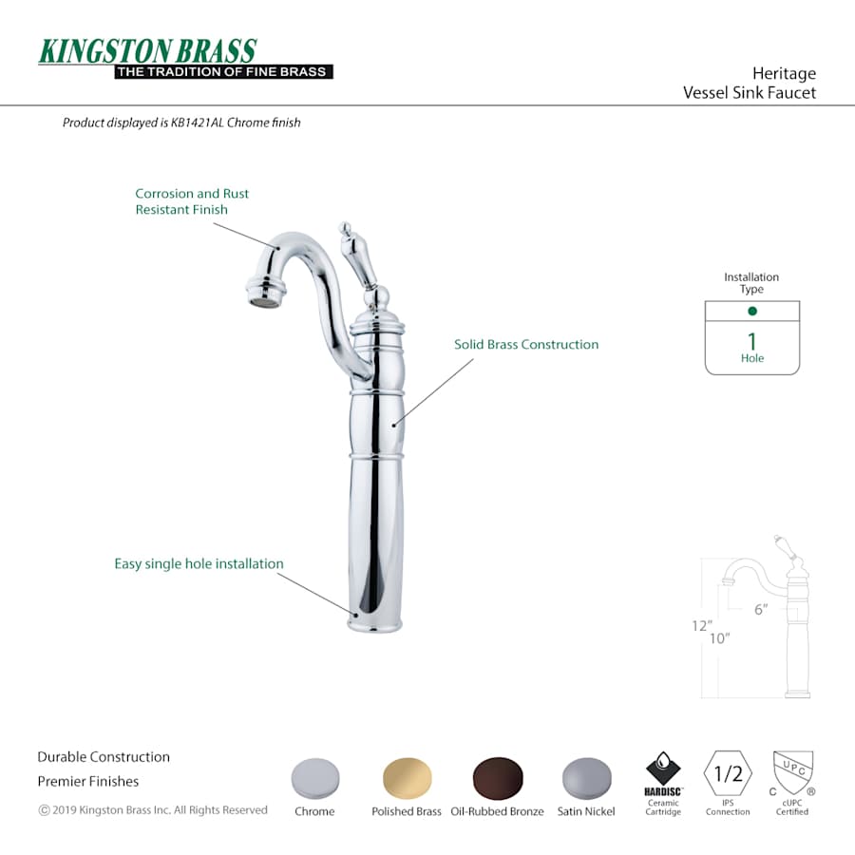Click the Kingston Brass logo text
147,51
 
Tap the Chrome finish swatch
315,778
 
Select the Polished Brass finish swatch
407,778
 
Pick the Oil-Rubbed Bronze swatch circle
497,778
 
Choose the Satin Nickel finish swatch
587,778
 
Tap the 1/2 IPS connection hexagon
728,773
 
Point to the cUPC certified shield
793,772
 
